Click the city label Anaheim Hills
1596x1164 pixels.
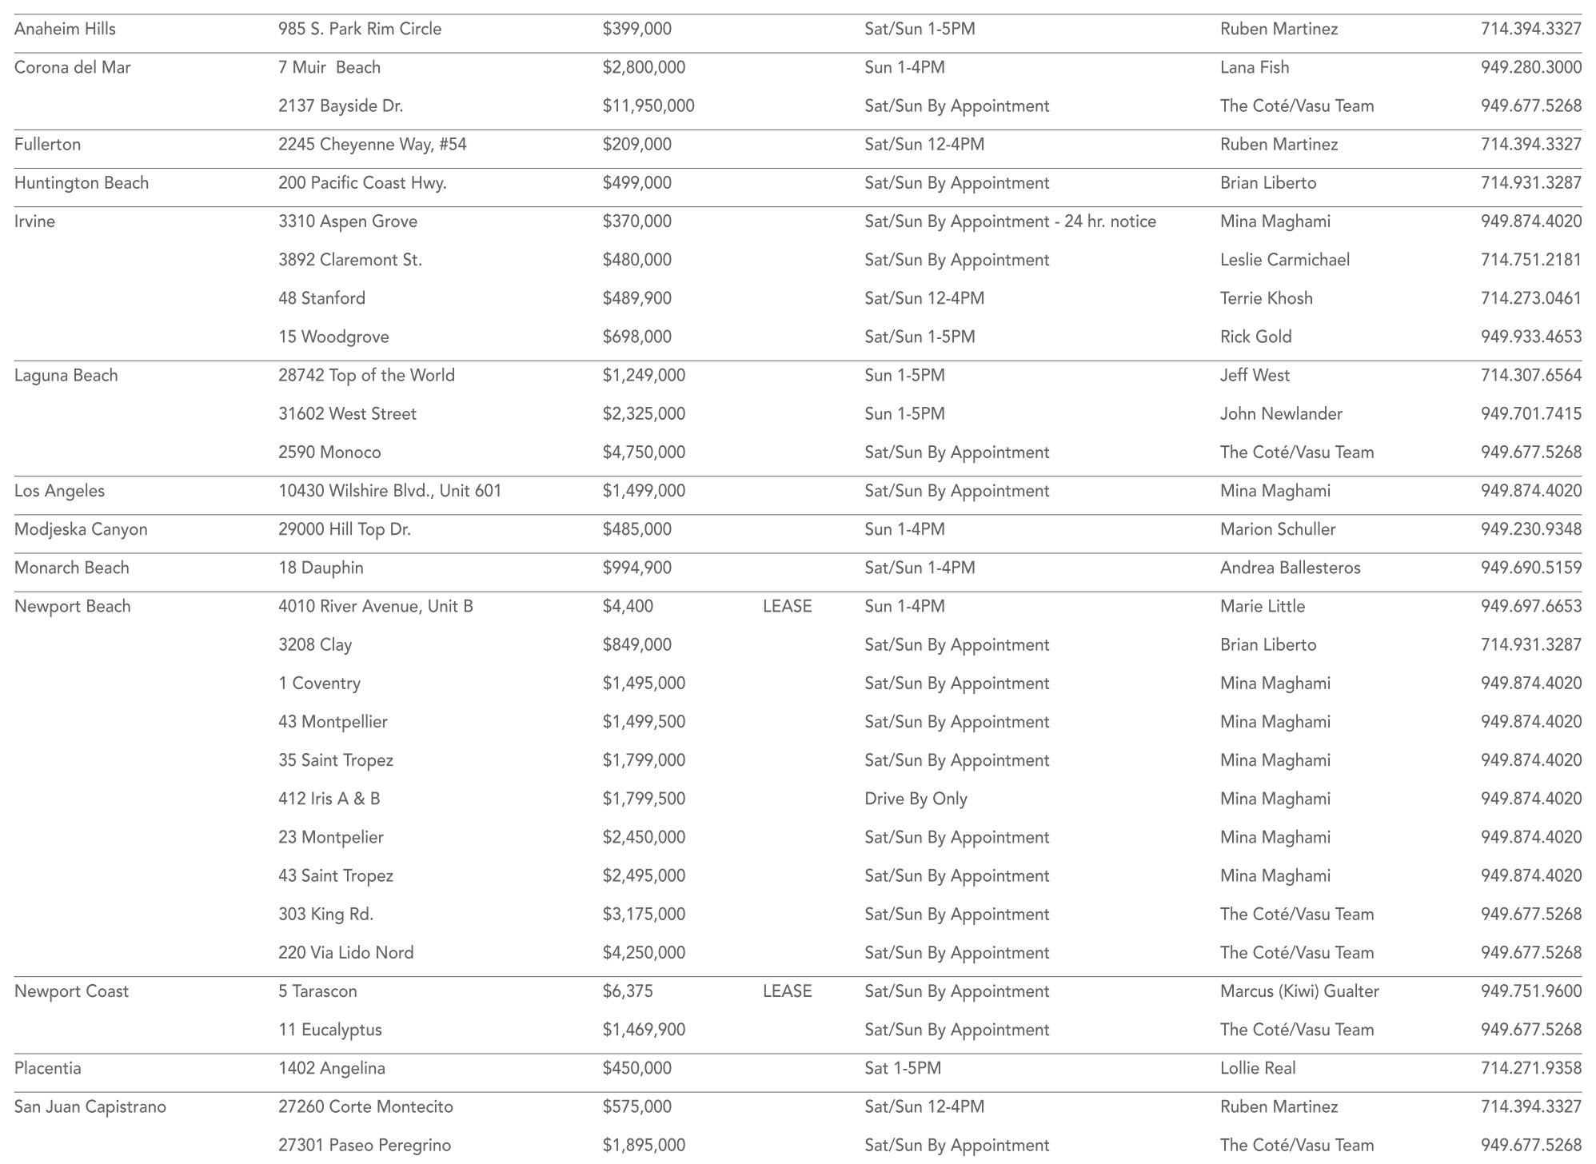tap(65, 30)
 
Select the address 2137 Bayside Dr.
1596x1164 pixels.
tap(341, 106)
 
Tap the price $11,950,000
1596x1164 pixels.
tap(648, 106)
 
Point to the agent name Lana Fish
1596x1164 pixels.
tap(1255, 68)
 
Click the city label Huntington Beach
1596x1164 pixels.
tap(82, 183)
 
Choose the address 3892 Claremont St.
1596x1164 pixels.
tap(350, 260)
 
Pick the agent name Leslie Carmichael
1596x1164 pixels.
tap(1285, 260)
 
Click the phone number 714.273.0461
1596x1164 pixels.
tap(1530, 298)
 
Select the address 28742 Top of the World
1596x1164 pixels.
tap(366, 376)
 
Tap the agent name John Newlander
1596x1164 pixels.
tap(1281, 414)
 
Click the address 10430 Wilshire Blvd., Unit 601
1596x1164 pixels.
tap(389, 491)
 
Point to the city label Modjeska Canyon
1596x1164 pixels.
tap(81, 529)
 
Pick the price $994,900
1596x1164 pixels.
tap(637, 568)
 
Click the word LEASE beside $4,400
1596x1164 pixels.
tap(787, 607)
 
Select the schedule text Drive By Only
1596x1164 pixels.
tap(916, 799)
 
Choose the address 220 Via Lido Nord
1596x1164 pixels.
tap(346, 953)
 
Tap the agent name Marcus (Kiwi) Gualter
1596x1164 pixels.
tap(1299, 991)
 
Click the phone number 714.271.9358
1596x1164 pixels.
tap(1530, 1068)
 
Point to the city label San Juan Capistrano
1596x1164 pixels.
tap(90, 1107)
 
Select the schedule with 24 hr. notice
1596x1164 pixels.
tap(1010, 221)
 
